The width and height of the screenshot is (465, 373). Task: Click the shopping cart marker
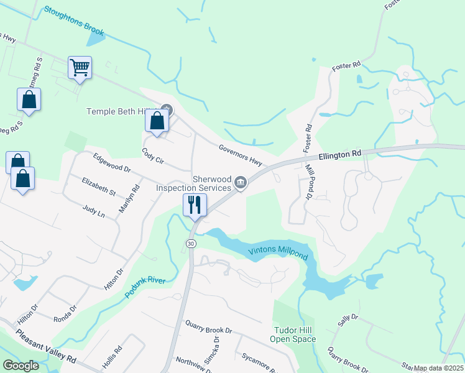point(80,67)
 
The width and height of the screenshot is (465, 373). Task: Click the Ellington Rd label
point(340,154)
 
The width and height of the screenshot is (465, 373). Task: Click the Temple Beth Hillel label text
point(121,111)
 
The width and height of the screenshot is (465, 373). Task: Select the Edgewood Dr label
point(112,163)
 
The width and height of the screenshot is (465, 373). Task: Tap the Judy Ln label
point(94,211)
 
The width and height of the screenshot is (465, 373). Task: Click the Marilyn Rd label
point(127,200)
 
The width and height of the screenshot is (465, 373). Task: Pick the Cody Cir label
point(152,156)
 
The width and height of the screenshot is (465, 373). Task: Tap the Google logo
point(21,365)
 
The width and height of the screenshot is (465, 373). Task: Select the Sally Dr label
point(348,320)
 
